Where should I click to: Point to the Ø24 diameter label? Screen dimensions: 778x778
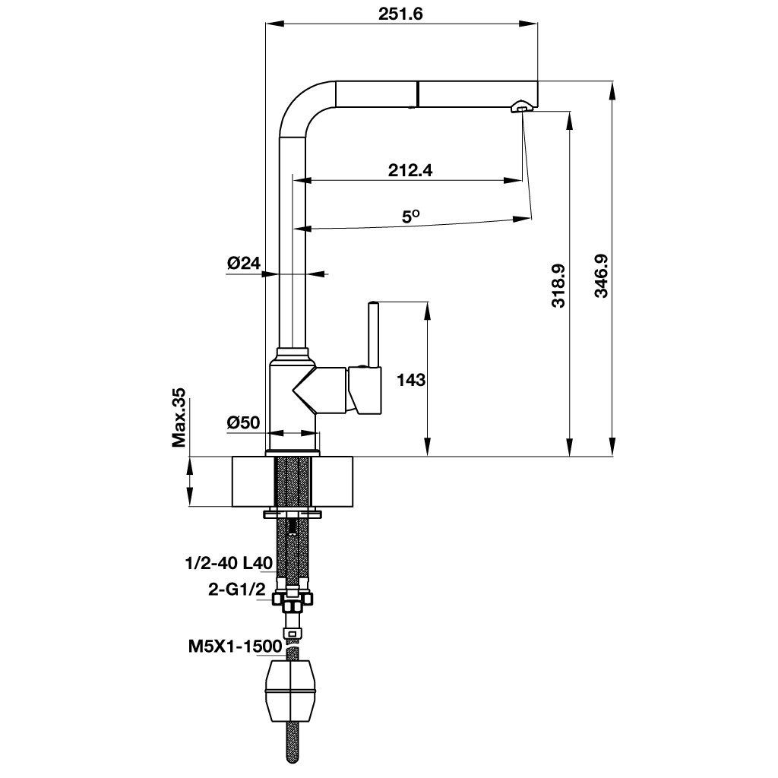[243, 264]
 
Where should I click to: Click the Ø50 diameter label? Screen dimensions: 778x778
[243, 422]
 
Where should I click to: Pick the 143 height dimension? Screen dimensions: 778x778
[411, 379]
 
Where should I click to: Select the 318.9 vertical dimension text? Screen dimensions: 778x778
[558, 285]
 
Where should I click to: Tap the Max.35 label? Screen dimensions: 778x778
[179, 417]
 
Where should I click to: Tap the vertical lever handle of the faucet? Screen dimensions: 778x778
[373, 334]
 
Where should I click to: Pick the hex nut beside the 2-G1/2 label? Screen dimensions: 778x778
[293, 601]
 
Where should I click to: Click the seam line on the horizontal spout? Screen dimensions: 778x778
[416, 95]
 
